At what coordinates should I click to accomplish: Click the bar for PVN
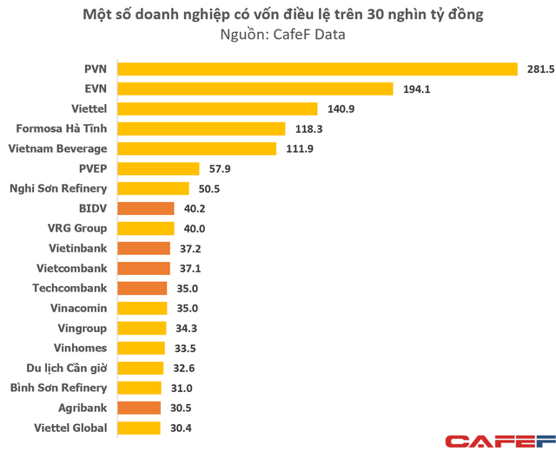click(x=316, y=69)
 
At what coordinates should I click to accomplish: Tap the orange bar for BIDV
click(x=144, y=208)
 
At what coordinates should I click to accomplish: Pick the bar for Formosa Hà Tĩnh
click(x=201, y=128)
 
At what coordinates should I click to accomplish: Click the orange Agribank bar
click(x=139, y=408)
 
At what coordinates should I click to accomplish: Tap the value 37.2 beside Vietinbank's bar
click(x=191, y=248)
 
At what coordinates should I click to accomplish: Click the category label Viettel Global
click(x=71, y=428)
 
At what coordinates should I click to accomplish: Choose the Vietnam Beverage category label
click(x=57, y=148)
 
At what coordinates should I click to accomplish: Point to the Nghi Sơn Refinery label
click(x=58, y=188)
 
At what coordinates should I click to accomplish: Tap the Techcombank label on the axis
click(x=69, y=288)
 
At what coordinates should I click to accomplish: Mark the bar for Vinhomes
click(x=141, y=348)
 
